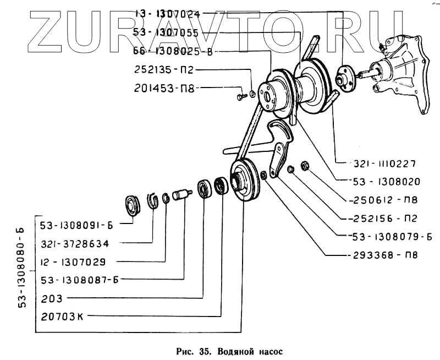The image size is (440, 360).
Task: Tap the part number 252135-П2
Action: click(x=163, y=70)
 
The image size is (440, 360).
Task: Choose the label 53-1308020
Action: click(x=387, y=181)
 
